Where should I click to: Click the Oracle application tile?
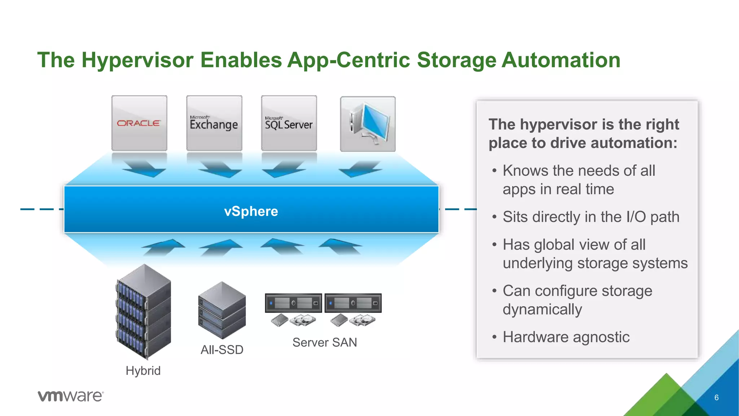coord(139,123)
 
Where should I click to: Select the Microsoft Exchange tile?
coord(214,123)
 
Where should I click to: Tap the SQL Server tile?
coord(289,123)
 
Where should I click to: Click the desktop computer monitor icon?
coord(368,124)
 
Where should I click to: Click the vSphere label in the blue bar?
coord(251,211)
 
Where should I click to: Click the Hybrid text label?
coord(143,370)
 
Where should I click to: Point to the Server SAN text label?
coord(324,342)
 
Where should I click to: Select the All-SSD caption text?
coord(222,350)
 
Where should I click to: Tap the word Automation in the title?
coord(561,60)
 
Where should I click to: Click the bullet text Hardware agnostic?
coord(566,337)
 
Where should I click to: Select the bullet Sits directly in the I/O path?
coord(591,217)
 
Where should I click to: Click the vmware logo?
coord(71,396)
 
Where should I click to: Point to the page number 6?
coord(716,398)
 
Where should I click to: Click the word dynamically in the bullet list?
coord(542,309)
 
